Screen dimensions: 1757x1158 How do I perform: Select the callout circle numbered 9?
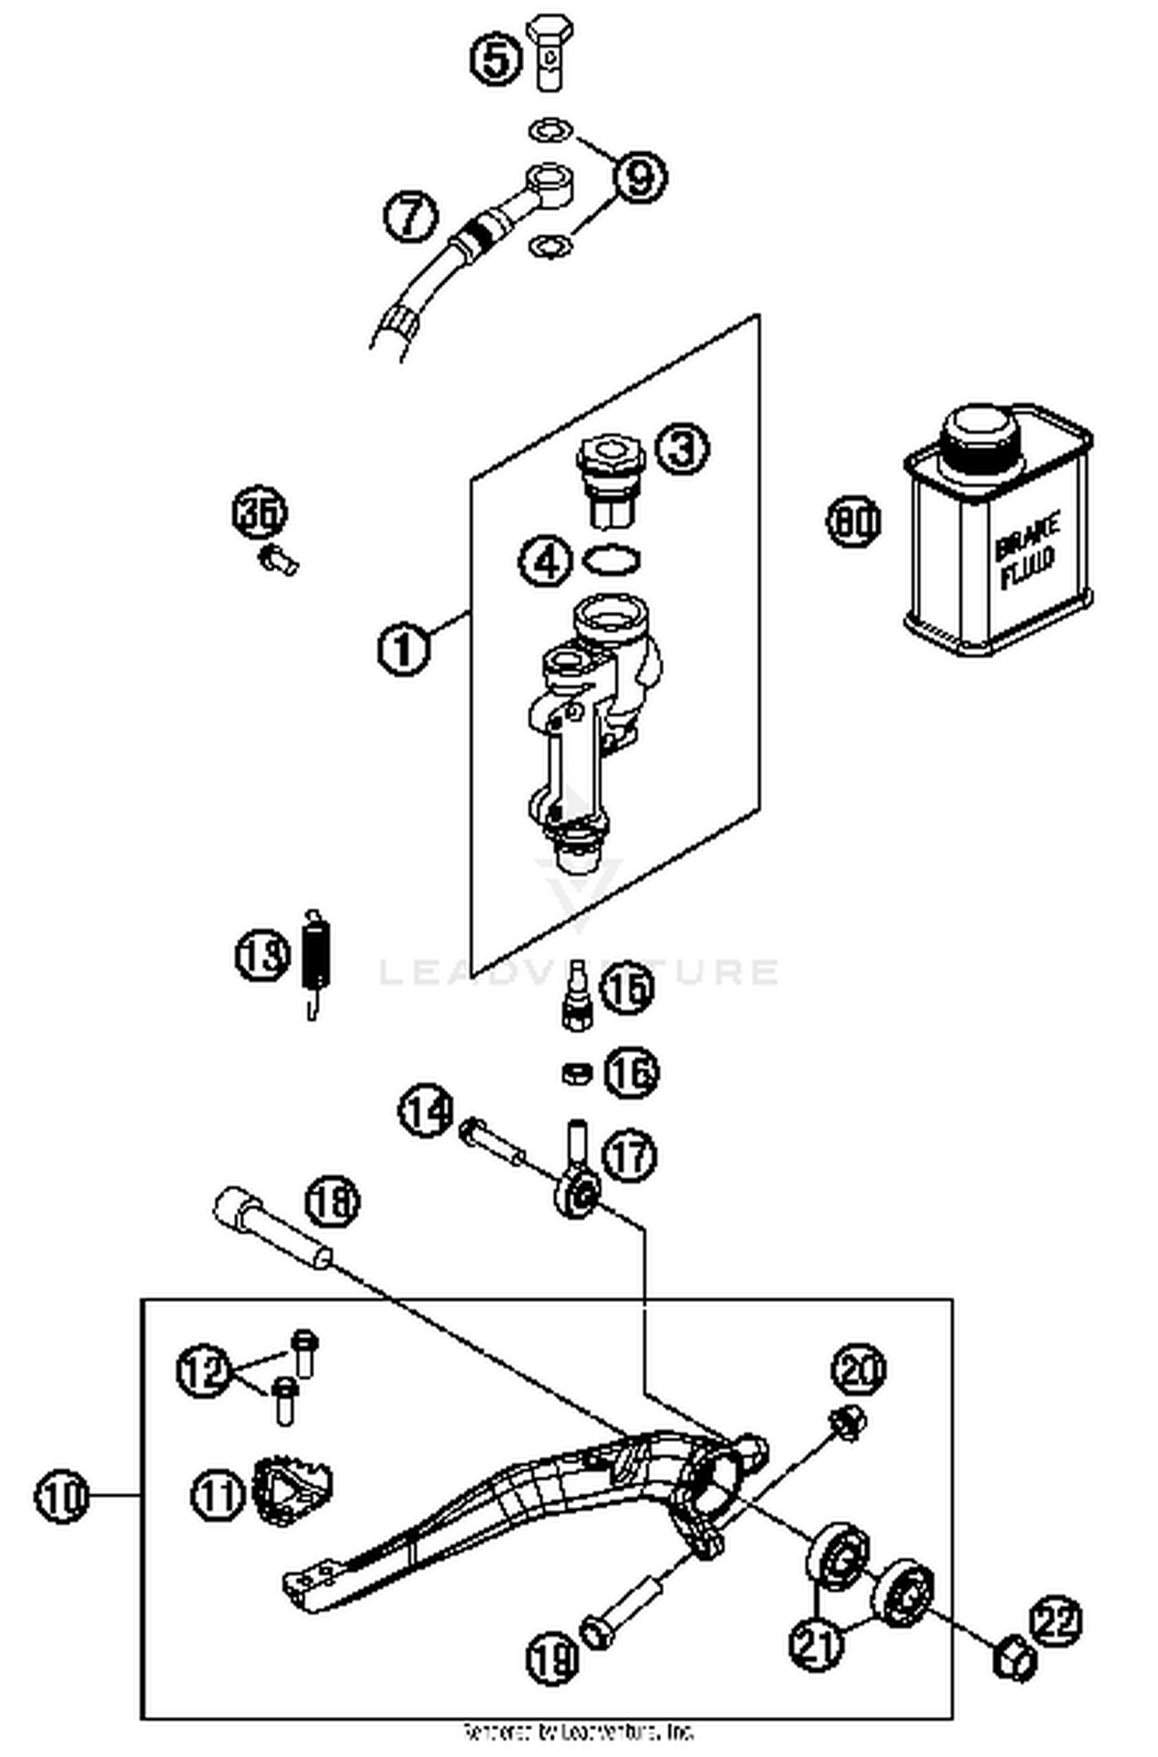pyautogui.click(x=639, y=177)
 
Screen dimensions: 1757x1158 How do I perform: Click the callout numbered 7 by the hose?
pyautogui.click(x=411, y=215)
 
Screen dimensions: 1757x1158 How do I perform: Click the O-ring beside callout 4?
pyautogui.click(x=611, y=559)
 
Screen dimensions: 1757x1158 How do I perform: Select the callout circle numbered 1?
pyautogui.click(x=404, y=649)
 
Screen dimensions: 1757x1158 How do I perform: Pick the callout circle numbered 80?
pyautogui.click(x=854, y=521)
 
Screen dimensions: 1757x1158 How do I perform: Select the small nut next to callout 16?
pyautogui.click(x=577, y=1073)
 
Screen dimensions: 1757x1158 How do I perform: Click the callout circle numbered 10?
pyautogui.click(x=63, y=1497)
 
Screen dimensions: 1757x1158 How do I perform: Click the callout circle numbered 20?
pyautogui.click(x=858, y=1369)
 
